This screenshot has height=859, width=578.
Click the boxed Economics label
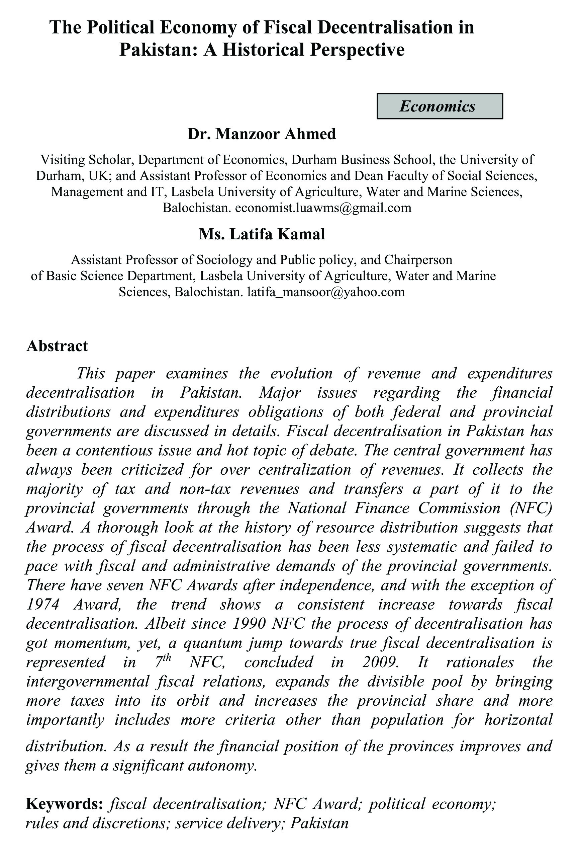[x=440, y=106]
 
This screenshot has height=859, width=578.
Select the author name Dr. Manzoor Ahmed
[x=262, y=134]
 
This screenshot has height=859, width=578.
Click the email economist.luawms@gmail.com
[x=323, y=208]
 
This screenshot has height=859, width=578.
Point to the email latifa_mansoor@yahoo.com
[x=326, y=292]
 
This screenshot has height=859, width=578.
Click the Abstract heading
[x=57, y=346]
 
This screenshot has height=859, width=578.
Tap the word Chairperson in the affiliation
[x=418, y=260]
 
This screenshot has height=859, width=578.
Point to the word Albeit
[x=166, y=624]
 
